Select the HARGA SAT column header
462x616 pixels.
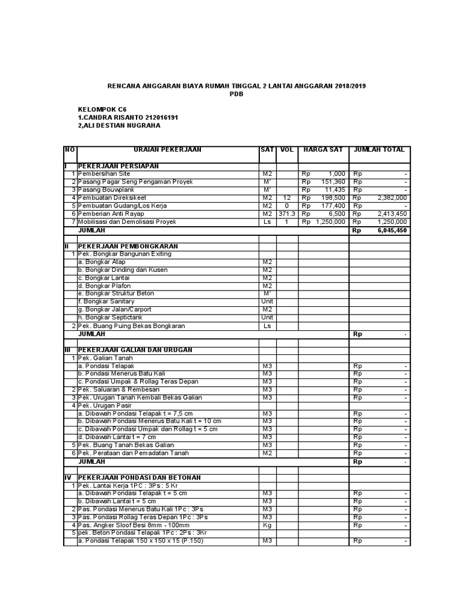point(323,149)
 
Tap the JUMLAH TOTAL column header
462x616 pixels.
point(380,149)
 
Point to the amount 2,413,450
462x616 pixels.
point(392,214)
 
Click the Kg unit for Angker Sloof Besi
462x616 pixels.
point(267,525)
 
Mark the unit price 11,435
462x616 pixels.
point(334,189)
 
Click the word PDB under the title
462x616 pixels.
point(236,94)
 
